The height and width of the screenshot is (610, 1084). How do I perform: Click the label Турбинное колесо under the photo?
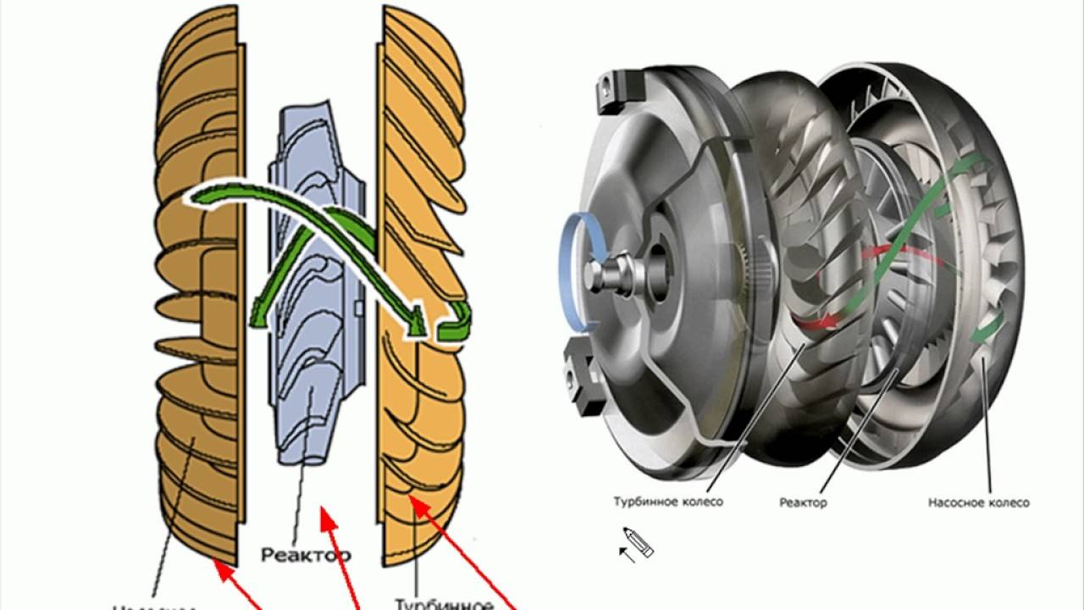668,502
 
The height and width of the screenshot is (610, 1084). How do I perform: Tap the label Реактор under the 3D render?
803,502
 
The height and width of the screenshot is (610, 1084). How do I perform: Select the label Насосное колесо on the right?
978,502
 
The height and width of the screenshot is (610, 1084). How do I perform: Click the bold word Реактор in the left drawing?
306,555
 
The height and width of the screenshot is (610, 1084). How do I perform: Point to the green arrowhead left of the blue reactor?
258,318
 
